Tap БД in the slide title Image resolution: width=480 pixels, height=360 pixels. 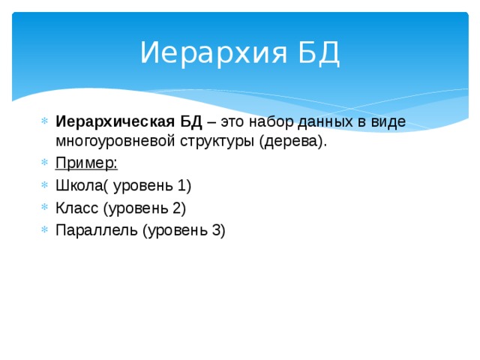click(319, 53)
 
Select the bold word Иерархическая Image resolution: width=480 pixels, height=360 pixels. click(116, 122)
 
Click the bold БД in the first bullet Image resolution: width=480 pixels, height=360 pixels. click(191, 122)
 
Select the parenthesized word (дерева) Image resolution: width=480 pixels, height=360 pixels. click(293, 142)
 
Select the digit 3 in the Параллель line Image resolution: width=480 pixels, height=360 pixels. click(216, 229)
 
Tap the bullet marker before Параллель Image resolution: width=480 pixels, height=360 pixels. click(44, 230)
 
